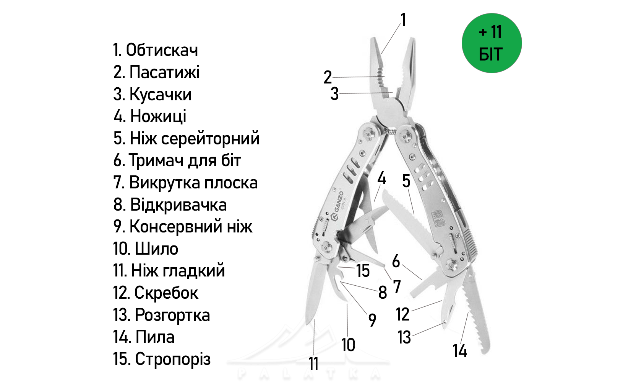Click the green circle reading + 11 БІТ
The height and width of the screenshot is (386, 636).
click(492, 43)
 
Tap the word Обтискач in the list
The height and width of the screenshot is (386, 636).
click(162, 50)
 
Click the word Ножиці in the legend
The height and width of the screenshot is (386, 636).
click(158, 116)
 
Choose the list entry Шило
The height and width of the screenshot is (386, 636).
click(156, 249)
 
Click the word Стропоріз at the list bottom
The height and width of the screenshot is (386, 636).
click(173, 359)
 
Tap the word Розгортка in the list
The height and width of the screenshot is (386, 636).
click(172, 315)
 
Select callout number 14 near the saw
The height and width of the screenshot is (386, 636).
click(460, 350)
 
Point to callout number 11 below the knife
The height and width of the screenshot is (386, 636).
click(313, 363)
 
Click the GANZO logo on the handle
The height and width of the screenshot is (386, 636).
click(337, 206)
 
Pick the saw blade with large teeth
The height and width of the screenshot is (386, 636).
click(475, 310)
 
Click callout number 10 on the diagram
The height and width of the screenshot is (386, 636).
click(348, 345)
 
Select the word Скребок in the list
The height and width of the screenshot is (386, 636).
click(166, 293)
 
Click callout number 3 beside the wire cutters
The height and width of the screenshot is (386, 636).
click(334, 94)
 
